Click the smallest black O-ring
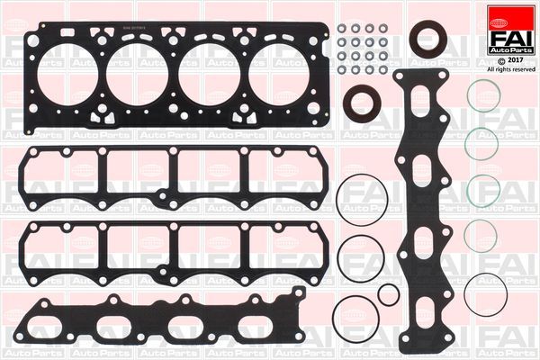(388, 294)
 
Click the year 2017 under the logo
(514, 59)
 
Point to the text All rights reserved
(510, 69)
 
